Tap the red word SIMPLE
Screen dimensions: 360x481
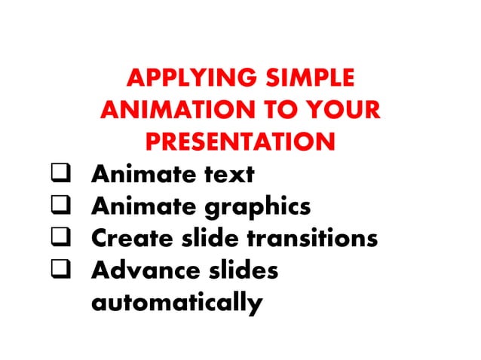point(309,78)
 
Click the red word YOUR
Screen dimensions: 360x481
point(343,110)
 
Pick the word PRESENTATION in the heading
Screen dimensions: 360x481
point(240,142)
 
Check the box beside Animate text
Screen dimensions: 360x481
point(60,175)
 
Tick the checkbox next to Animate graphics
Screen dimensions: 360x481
point(60,206)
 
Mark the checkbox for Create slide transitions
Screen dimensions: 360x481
point(60,239)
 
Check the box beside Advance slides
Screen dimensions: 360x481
point(60,270)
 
